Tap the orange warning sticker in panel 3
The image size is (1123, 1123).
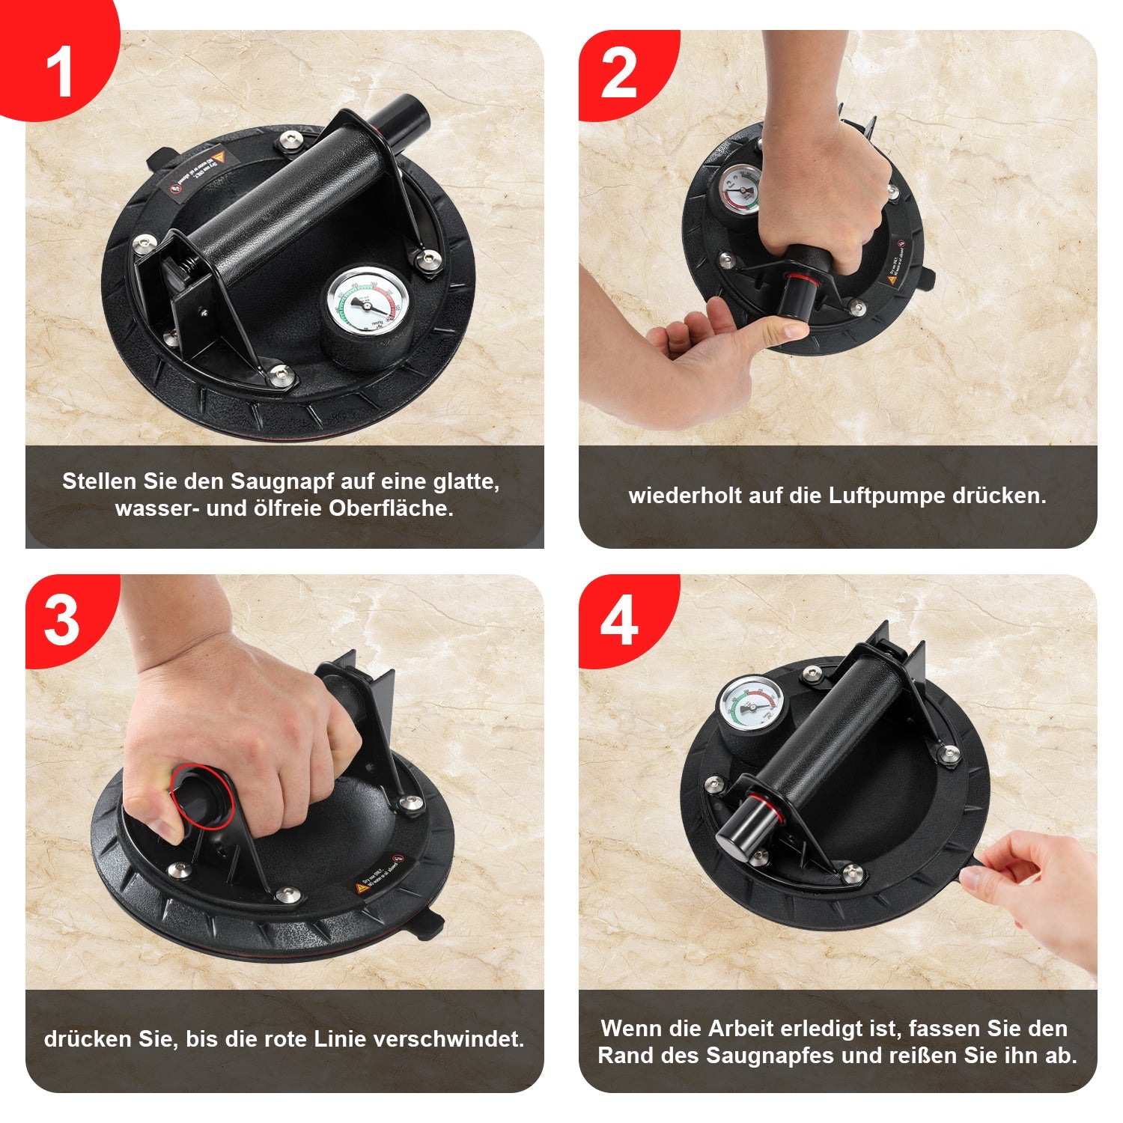pyautogui.click(x=361, y=888)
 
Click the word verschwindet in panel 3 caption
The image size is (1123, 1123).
pyautogui.click(x=449, y=1039)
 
